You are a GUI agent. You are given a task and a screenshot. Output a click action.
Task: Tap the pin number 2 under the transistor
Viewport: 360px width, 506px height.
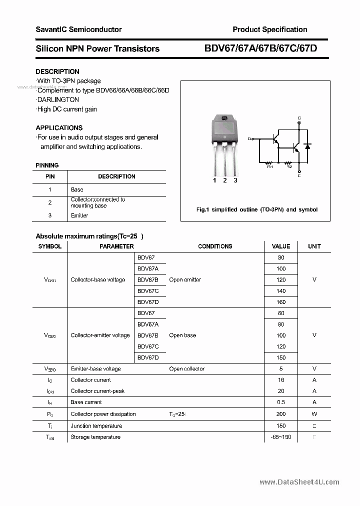tap(225, 180)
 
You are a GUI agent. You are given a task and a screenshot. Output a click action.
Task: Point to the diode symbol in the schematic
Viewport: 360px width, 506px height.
tap(307, 146)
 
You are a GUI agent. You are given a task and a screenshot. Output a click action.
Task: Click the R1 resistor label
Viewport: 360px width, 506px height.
tap(270, 166)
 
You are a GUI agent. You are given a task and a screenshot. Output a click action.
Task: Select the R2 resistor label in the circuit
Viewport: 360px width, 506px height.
tap(289, 166)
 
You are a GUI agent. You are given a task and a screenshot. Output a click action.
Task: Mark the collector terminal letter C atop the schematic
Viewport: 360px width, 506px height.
tap(299, 118)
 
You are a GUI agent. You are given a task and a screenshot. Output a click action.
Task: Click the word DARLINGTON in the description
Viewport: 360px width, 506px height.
tap(58, 100)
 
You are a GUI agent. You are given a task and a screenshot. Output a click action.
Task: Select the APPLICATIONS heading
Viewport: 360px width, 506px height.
tap(59, 127)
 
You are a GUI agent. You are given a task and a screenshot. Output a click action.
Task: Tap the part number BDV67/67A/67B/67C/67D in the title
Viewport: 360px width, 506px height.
tap(260, 48)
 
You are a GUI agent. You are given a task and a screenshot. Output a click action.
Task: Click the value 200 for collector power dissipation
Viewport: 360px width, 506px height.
tap(281, 414)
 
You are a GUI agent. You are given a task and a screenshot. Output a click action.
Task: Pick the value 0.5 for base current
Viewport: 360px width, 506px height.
tap(281, 402)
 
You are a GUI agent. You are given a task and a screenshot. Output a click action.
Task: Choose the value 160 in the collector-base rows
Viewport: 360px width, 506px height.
tap(281, 302)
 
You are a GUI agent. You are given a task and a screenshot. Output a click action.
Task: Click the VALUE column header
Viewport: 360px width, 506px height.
tap(281, 246)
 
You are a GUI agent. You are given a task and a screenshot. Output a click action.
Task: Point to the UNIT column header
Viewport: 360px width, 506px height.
tap(314, 246)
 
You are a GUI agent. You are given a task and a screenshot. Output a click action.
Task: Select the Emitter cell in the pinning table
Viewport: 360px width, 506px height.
tap(79, 215)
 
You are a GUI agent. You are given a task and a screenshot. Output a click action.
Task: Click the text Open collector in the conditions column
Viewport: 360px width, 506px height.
tap(187, 369)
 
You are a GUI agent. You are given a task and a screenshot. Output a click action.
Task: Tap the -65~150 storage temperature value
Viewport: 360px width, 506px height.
tap(281, 437)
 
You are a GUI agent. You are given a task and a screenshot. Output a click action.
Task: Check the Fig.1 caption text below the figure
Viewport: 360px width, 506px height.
tap(256, 209)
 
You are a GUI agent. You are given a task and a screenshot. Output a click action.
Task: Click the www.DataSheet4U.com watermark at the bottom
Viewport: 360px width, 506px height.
tap(299, 482)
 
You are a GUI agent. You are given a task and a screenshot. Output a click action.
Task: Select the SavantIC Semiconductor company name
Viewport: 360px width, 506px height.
tap(78, 29)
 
